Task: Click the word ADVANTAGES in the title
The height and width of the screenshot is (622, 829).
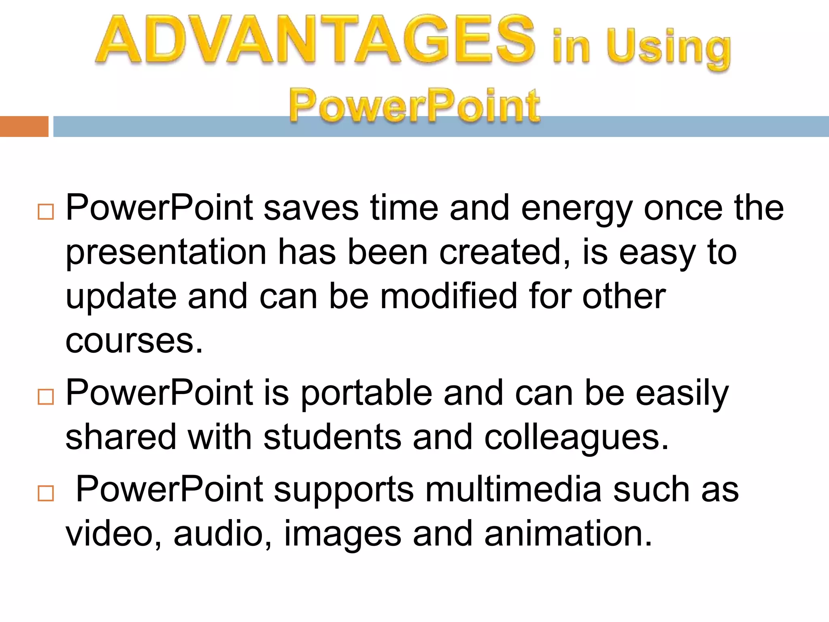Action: click(x=315, y=40)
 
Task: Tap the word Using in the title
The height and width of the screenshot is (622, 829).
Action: click(x=668, y=49)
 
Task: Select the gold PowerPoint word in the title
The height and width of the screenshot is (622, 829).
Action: click(x=414, y=106)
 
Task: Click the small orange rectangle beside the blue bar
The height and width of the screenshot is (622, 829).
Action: click(x=24, y=126)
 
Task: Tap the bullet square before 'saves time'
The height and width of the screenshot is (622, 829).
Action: click(x=45, y=212)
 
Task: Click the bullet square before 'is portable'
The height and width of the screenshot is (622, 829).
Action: click(x=45, y=397)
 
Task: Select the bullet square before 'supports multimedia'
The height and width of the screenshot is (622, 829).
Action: click(x=45, y=494)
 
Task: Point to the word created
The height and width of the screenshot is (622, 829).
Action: click(x=505, y=253)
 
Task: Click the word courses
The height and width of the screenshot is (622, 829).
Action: click(x=134, y=341)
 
